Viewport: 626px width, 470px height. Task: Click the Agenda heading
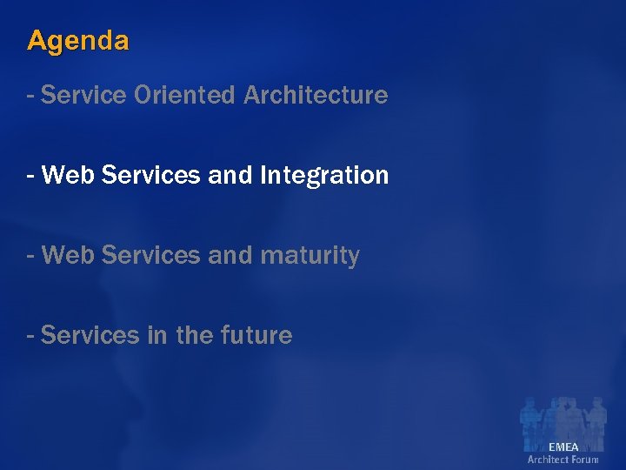(x=78, y=41)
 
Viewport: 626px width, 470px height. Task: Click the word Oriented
(x=185, y=95)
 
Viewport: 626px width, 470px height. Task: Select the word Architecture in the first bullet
(x=316, y=95)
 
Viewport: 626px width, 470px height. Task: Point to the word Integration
(x=323, y=175)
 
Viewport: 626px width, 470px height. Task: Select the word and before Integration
(x=230, y=175)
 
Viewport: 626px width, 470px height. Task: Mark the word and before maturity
(x=230, y=256)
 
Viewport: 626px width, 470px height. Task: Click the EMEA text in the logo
(x=563, y=446)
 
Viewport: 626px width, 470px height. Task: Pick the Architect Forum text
(x=563, y=460)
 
